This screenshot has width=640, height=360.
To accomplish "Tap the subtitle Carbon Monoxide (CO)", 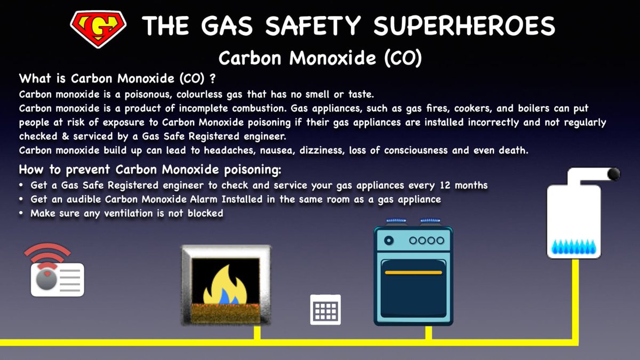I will (320, 58).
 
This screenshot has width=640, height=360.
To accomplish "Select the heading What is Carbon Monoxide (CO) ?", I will (117, 79).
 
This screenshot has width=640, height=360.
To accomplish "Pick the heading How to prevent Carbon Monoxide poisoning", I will (150, 171).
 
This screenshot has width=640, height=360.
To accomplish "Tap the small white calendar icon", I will (325, 309).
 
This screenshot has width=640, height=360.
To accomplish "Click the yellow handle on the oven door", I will (413, 272).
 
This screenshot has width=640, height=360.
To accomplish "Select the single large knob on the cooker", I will (389, 241).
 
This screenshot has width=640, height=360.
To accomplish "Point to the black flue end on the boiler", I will (613, 173).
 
